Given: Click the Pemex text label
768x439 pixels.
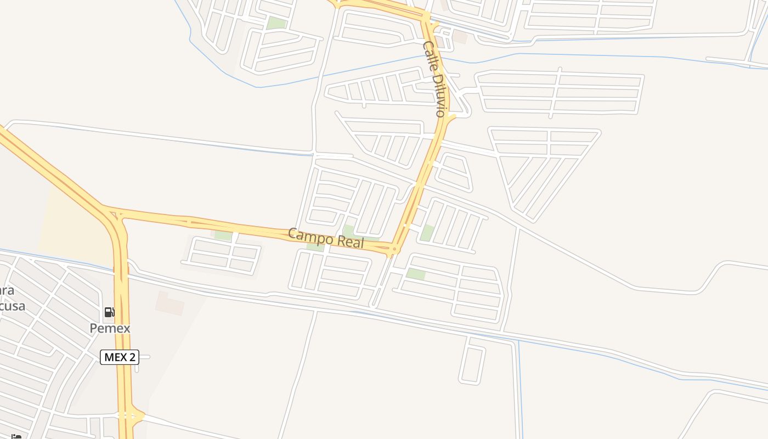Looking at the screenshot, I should click(x=110, y=328).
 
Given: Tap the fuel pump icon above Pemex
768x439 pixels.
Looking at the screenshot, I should click(x=110, y=312).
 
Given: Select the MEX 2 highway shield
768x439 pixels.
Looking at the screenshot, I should click(x=120, y=357).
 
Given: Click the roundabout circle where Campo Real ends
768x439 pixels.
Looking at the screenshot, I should click(x=393, y=250).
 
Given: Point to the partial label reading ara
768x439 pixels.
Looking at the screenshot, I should click(x=7, y=291).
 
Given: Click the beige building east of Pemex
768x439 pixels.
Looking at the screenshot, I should click(x=170, y=303).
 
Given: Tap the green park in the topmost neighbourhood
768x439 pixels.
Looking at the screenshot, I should click(x=276, y=23).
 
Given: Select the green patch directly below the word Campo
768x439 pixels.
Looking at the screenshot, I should click(x=315, y=246).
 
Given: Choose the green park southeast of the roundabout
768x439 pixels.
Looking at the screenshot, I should click(x=416, y=274).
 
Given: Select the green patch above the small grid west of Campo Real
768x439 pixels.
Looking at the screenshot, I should click(x=223, y=235).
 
